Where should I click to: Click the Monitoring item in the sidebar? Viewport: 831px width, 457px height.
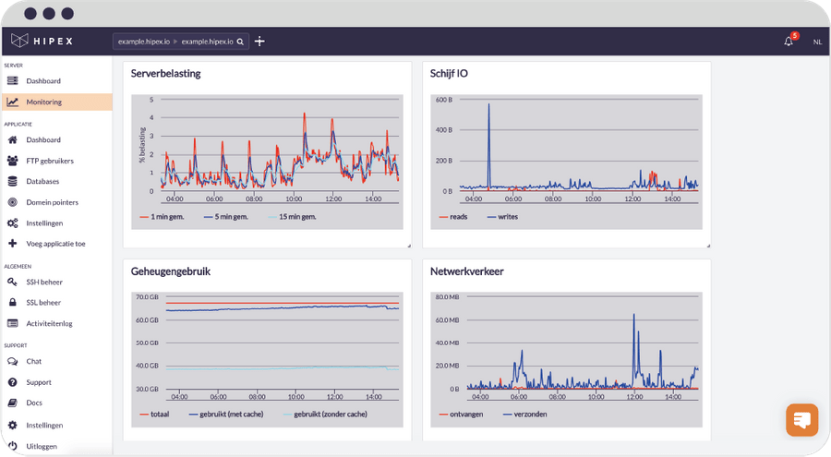43,102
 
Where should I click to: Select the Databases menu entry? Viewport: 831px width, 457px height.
42,181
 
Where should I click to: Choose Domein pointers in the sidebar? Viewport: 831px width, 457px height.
52,202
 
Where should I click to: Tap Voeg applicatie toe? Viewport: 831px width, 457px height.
55,244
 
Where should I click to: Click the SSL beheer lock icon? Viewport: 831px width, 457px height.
13,302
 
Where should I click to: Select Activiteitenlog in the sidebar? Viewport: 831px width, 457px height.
49,323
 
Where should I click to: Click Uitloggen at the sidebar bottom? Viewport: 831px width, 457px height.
42,446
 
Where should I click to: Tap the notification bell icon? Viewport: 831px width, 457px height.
789,42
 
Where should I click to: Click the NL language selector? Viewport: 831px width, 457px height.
817,42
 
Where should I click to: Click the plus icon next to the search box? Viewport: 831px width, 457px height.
259,42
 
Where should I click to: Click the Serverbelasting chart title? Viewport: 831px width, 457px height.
166,73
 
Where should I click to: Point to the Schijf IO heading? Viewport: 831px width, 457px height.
449,73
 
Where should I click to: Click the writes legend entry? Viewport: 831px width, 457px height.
507,217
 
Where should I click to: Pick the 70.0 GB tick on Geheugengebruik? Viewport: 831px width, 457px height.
147,297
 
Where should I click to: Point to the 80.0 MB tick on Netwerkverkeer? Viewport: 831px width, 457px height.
447,297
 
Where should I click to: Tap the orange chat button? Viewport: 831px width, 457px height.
801,419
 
